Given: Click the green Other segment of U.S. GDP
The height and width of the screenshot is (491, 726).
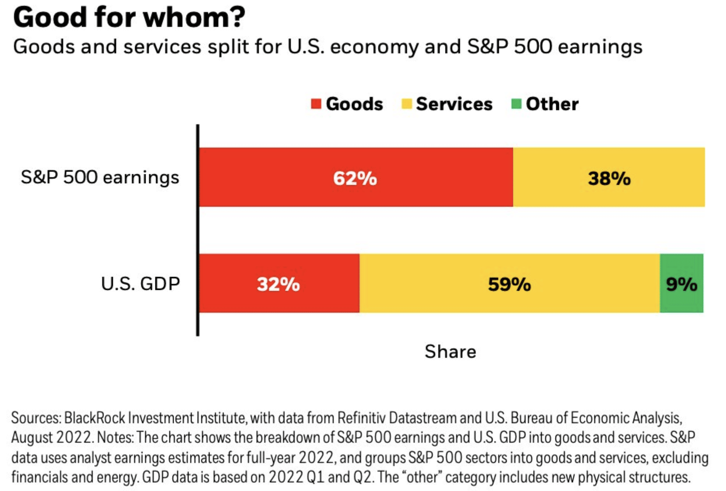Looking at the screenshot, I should [681, 300].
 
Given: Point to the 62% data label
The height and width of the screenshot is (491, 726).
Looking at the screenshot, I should [355, 178].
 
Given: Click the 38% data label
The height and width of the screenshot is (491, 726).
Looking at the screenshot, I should [609, 178].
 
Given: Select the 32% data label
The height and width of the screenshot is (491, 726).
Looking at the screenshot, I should [278, 284].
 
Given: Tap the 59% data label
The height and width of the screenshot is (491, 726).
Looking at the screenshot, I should [509, 284].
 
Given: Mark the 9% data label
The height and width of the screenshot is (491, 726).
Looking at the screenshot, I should [682, 284].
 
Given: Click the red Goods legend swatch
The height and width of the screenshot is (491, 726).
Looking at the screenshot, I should [316, 104].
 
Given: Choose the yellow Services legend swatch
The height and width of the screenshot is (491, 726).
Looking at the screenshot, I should [407, 104].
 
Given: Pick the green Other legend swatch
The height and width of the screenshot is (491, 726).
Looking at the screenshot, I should [516, 104].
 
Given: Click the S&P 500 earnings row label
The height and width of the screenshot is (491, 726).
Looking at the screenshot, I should [100, 177].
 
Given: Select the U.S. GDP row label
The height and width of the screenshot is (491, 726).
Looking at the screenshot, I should [140, 284].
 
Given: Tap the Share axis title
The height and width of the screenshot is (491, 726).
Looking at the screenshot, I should [450, 351].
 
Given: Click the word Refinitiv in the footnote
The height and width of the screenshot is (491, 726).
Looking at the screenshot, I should [361, 418].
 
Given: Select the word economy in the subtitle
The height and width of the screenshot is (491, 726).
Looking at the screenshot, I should [374, 47].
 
